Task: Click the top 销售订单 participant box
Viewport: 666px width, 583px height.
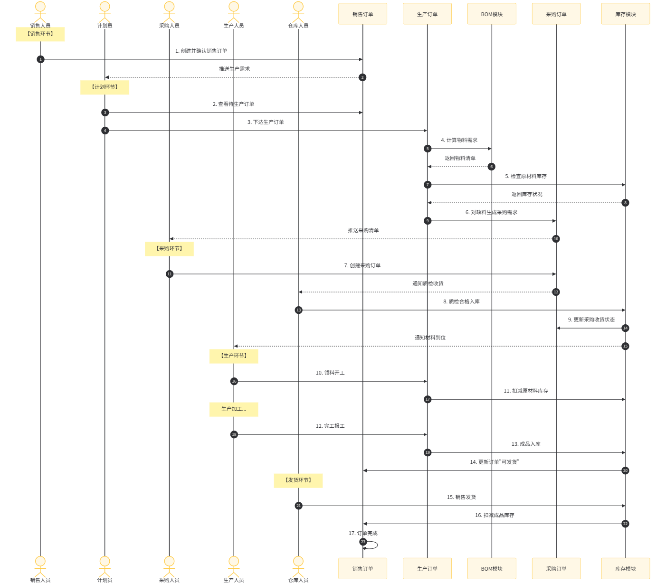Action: pos(362,14)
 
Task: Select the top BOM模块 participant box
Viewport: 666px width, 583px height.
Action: pos(492,14)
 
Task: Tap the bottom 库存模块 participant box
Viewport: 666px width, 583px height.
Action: pos(625,568)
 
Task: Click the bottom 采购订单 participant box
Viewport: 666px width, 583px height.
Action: pos(556,568)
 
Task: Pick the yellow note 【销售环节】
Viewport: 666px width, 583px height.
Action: pos(40,34)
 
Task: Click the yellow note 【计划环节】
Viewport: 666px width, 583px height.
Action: pos(105,87)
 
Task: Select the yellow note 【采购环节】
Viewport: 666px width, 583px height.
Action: pos(169,249)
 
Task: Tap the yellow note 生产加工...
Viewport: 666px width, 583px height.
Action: pos(234,409)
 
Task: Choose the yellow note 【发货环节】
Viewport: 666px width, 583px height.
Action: pos(298,480)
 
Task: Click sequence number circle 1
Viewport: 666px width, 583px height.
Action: pos(40,59)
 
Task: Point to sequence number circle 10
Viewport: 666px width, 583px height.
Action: pos(556,239)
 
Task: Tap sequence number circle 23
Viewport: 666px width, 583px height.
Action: pos(363,542)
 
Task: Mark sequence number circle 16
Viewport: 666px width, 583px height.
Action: pos(234,381)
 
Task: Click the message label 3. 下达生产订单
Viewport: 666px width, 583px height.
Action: pos(266,122)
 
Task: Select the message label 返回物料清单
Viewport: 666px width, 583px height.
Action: pos(460,158)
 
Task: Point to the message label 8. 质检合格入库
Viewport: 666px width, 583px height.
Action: pos(461,301)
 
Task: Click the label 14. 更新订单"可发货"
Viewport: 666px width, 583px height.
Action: pos(495,462)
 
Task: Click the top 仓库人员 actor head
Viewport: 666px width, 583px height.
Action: pos(298,7)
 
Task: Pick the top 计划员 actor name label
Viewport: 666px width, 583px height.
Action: pos(105,26)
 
